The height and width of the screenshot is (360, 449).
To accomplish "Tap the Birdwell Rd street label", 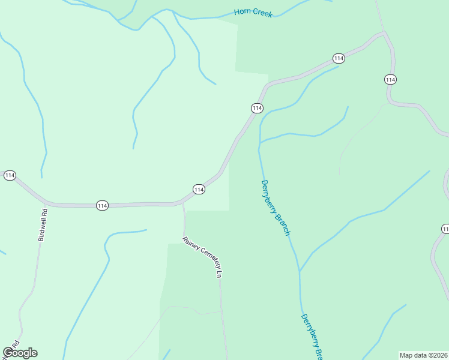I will point(42,224).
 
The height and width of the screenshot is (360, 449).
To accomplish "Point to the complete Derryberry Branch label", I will point(276,208).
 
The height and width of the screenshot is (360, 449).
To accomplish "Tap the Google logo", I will point(20,353).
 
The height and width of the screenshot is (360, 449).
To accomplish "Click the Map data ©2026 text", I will point(424,355).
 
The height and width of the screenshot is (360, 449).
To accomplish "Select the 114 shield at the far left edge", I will point(9,175).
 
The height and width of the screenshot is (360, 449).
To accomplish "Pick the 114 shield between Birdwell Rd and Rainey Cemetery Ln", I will point(102,206).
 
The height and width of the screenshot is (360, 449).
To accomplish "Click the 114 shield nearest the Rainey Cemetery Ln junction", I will point(199,190).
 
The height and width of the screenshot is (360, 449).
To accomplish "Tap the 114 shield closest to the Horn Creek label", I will point(339,58).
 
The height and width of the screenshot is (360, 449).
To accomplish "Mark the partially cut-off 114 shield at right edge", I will point(445,229).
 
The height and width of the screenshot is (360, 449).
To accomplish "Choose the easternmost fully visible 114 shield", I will point(390,80).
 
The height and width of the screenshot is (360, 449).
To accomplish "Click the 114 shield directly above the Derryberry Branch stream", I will point(257,108).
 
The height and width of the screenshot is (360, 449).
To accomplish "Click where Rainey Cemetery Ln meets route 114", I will point(182,204).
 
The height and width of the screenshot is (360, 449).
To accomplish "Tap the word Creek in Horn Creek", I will point(262,13).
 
